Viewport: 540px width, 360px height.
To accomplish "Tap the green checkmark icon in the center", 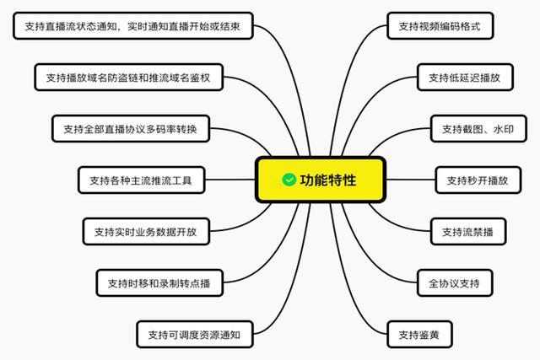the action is [289, 180].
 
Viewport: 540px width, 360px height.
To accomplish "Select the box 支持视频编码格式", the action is [440, 26].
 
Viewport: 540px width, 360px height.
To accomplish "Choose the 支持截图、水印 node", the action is [478, 129].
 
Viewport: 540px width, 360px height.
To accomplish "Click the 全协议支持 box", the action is [454, 282].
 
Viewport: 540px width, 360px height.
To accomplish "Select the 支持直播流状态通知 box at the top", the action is [132, 26].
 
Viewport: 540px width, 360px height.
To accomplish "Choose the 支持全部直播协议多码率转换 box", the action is [131, 129].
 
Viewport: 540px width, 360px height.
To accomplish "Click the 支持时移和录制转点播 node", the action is [159, 282].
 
